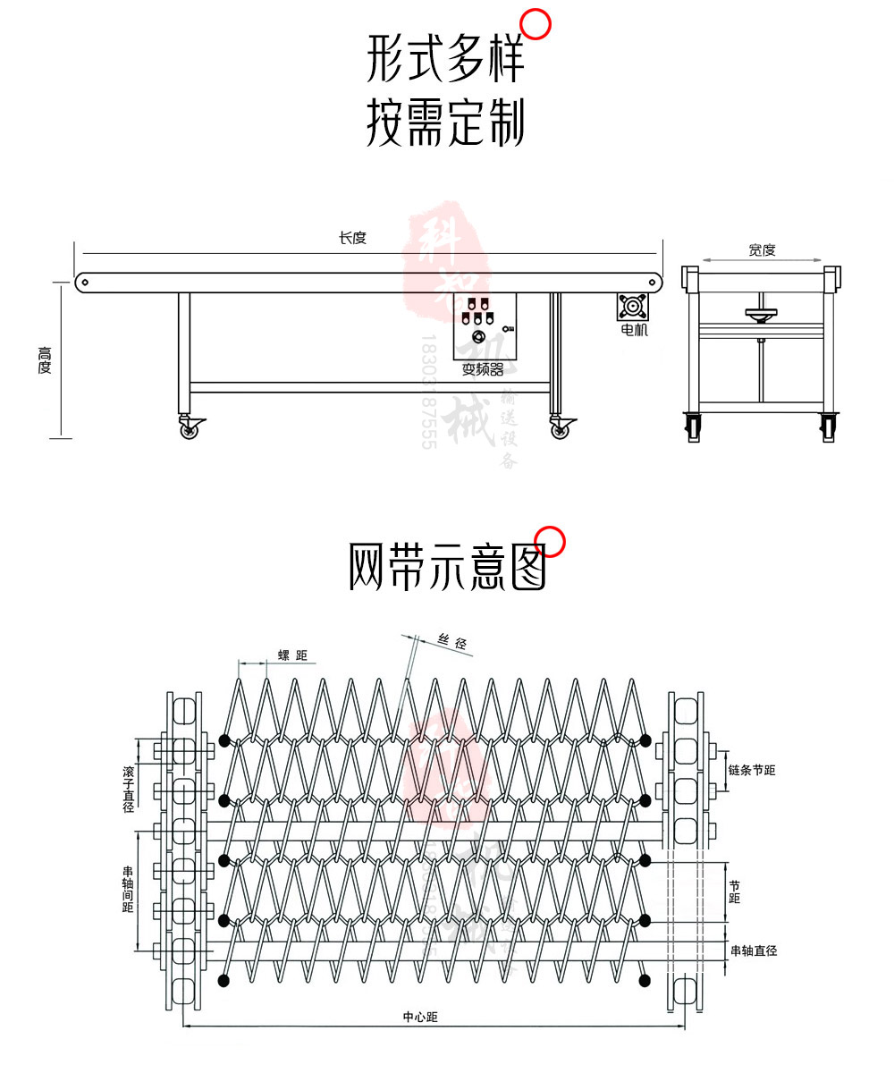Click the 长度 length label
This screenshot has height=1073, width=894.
(x=352, y=238)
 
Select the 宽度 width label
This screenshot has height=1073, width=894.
(x=762, y=250)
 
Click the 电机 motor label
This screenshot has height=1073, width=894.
(x=634, y=330)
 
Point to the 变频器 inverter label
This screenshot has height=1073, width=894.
(x=483, y=369)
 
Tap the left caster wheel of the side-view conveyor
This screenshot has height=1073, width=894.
(x=190, y=430)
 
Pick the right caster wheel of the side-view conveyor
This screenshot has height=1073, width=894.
(x=560, y=430)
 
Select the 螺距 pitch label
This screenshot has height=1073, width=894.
(x=292, y=656)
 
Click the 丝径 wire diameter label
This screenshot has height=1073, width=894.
(x=452, y=642)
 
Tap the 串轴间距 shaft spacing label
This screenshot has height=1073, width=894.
(x=128, y=888)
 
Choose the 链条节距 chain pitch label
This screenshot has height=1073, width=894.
(x=751, y=770)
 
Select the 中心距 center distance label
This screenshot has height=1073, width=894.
(x=420, y=1017)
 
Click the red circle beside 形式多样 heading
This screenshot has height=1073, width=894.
(x=536, y=24)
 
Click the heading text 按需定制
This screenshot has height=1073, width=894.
(x=445, y=123)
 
